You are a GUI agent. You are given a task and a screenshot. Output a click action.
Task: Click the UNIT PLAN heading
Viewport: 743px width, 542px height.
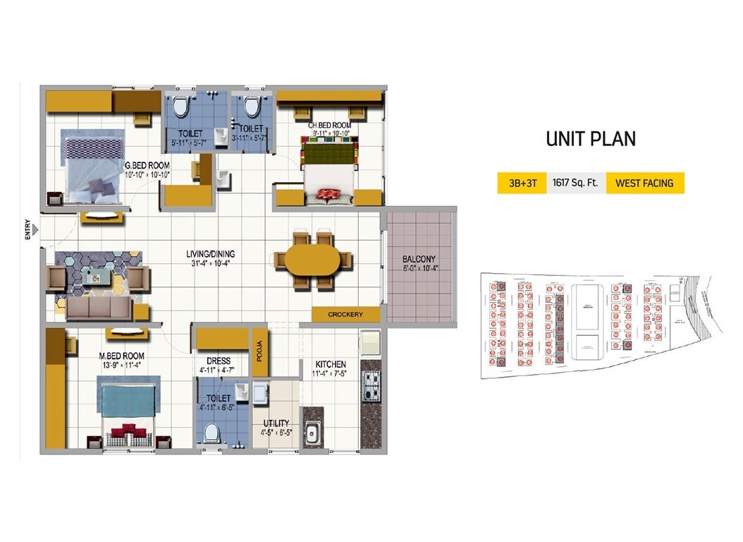(x=591, y=139)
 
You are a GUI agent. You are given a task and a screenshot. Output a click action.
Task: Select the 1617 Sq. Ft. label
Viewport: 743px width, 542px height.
(x=575, y=183)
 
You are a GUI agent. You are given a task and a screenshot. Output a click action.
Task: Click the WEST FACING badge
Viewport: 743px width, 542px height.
(x=644, y=183)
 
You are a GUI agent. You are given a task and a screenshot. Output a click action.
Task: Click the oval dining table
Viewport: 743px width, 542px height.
(x=311, y=260)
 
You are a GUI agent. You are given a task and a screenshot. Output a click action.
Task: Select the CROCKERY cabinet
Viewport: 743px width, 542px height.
(x=346, y=315)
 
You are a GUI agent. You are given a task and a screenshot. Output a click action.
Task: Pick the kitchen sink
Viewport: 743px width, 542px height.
(x=310, y=430)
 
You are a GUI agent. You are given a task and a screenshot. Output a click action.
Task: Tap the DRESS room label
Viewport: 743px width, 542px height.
(x=216, y=361)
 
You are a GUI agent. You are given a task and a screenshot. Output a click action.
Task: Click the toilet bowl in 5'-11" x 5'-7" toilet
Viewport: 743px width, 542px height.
(x=182, y=107)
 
